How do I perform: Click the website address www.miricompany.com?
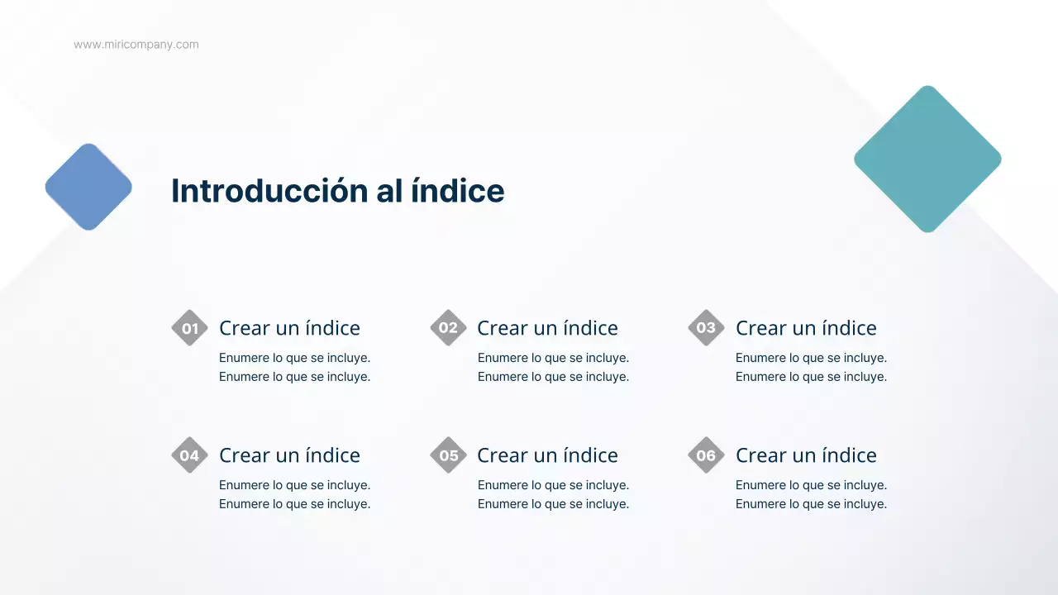136,45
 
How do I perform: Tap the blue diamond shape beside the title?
88,187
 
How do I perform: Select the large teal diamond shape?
927,159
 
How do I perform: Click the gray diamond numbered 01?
189,328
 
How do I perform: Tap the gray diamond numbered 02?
448,328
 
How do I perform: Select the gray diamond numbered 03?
706,328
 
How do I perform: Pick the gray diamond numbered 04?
189,455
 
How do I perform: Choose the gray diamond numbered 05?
448,455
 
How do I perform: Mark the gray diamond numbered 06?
706,455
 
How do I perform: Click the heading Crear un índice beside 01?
289,328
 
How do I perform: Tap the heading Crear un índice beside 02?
547,328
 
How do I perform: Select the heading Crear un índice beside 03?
806,328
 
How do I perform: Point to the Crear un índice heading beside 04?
289,455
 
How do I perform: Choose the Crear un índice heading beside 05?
547,455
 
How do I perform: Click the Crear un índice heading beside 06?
806,455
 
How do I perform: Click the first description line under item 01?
294,358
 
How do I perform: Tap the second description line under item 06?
811,504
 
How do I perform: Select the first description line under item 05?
553,485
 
